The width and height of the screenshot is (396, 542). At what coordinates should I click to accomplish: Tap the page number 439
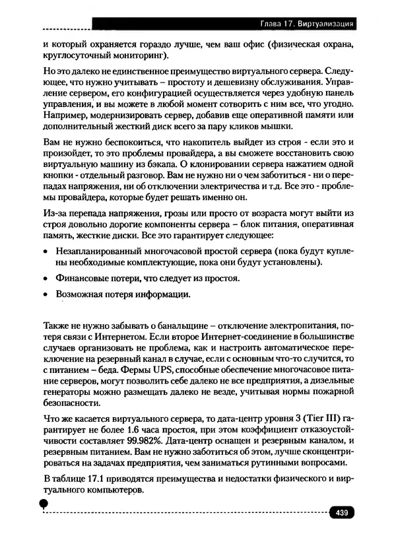coord(342,512)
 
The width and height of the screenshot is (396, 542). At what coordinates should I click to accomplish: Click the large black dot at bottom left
coord(44,504)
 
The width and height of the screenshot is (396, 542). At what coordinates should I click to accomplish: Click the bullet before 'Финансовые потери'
coord(46,279)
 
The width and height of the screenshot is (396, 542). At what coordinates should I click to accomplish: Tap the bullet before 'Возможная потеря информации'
coord(46,296)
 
